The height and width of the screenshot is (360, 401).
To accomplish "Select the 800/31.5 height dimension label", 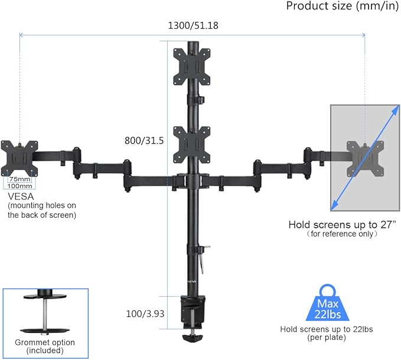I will (x=144, y=141).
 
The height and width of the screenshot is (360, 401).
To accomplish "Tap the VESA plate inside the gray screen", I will (x=364, y=158).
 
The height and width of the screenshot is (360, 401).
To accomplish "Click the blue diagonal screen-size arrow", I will (x=363, y=158).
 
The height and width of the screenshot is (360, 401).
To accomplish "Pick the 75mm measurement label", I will (x=21, y=179).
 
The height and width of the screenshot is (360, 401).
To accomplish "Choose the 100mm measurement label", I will (x=21, y=186).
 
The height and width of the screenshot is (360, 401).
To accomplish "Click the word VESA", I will (x=20, y=196).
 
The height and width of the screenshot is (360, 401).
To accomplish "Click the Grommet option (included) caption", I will (x=45, y=346).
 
